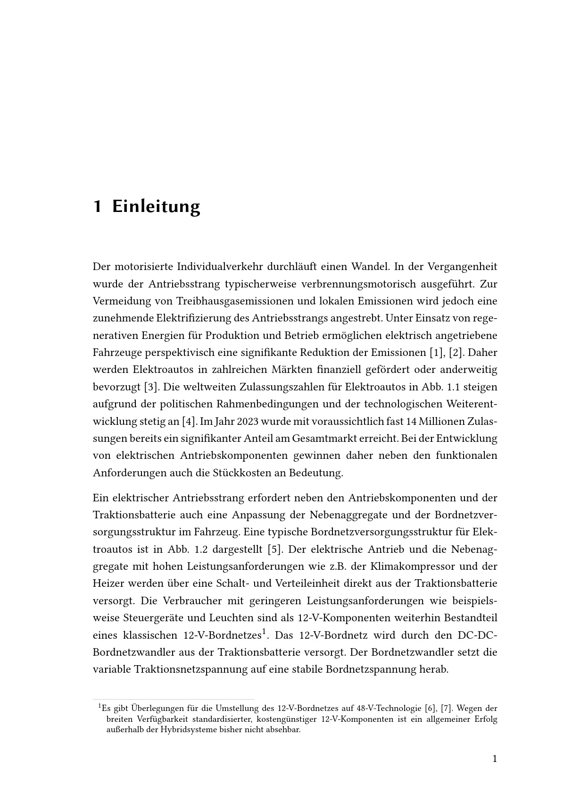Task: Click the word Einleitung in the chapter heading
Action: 156,206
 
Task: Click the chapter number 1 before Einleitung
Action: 97,206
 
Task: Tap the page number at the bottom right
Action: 494,759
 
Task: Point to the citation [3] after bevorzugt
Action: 150,387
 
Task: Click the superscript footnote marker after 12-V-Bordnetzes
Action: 264,631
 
